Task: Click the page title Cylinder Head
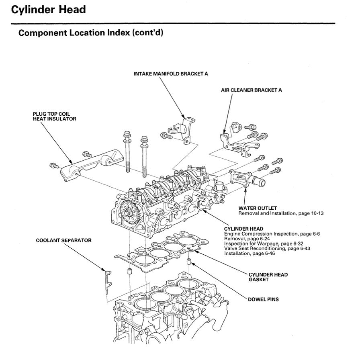pos(48,10)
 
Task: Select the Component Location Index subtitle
pos(91,33)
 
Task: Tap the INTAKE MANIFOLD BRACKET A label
pos(171,74)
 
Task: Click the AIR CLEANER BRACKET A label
pos(251,90)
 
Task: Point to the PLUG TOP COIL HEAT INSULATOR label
pos(54,117)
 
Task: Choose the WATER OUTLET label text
pos(258,208)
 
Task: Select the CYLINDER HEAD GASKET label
pos(268,277)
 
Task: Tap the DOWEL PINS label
pos(264,299)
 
